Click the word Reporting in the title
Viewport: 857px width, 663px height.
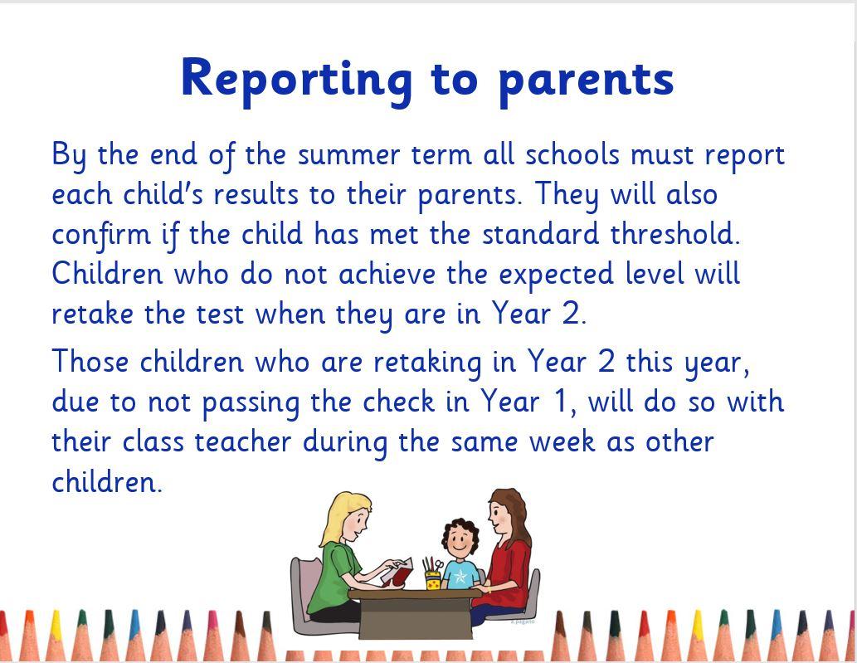(297, 80)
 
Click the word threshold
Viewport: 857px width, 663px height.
(675, 234)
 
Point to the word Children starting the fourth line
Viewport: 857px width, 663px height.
(108, 273)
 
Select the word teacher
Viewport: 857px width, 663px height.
(243, 441)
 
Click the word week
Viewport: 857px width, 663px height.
(562, 441)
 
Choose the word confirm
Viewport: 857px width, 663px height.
(101, 235)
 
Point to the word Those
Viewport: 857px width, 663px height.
(90, 362)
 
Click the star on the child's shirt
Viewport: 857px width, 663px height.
(460, 577)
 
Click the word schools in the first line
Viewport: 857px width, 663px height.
(572, 155)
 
